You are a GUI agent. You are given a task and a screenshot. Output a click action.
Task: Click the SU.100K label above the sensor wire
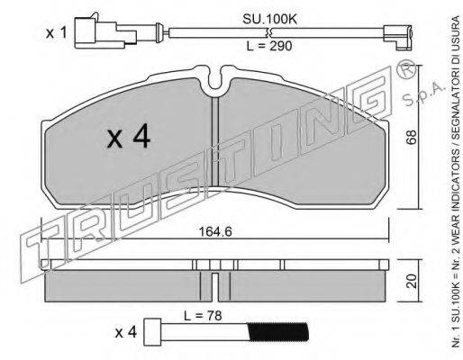[269, 20]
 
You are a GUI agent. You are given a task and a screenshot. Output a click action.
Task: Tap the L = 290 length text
[269, 46]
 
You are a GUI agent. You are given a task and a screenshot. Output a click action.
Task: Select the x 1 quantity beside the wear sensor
[56, 33]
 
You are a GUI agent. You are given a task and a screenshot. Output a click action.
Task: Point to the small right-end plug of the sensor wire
[398, 37]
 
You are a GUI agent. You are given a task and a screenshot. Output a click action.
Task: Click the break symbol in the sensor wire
[268, 32]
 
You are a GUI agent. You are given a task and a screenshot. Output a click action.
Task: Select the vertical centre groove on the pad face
[215, 142]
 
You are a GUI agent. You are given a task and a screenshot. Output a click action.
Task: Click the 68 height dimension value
[412, 137]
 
